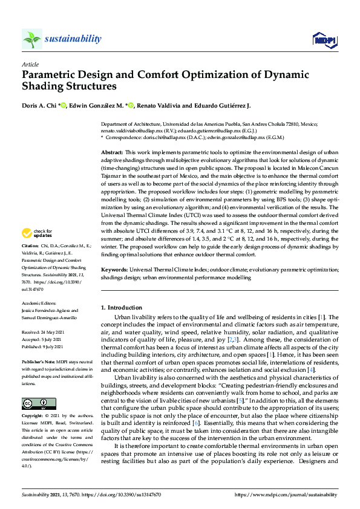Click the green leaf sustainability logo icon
pos(31,39)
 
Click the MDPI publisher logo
pos(324,40)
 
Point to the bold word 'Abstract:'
pos(112,153)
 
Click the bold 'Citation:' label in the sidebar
pos(30,264)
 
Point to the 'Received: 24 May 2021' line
pos(43,332)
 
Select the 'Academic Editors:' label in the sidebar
pos(39,304)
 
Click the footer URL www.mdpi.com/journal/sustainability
pos(291,494)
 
